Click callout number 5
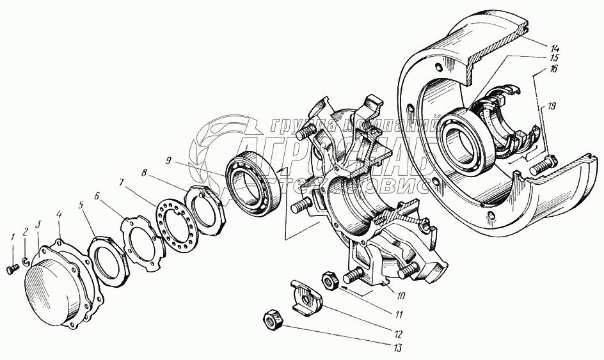(81, 205)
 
